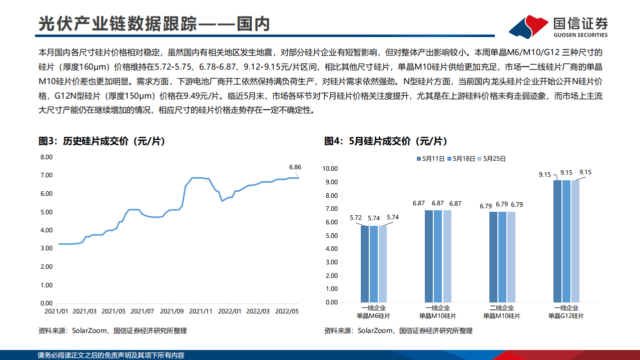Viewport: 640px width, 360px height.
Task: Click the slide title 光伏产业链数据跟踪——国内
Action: [154, 24]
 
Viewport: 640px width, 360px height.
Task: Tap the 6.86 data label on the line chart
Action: [295, 167]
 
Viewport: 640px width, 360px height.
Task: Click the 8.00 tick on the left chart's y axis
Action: [46, 157]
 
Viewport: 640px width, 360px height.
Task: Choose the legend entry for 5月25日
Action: [492, 159]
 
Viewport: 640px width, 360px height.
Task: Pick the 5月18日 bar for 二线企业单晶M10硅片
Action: [502, 257]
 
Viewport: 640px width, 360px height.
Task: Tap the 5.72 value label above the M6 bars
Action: [356, 218]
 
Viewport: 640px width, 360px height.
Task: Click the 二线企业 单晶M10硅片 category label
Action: [502, 312]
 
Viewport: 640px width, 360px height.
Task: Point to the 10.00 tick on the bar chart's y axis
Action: [331, 168]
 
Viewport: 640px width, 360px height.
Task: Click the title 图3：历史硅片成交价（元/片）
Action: [102, 142]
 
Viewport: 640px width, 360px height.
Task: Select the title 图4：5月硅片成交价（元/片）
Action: [385, 142]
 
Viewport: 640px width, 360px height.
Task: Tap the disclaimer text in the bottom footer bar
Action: [111, 355]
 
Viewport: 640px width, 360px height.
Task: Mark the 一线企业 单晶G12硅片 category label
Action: [566, 312]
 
